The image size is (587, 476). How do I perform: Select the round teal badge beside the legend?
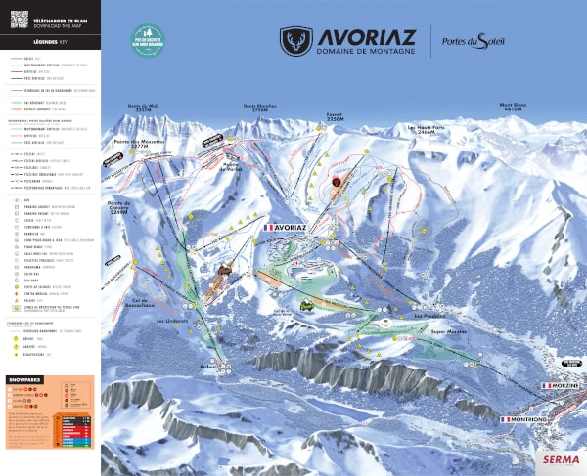pyautogui.click(x=148, y=40)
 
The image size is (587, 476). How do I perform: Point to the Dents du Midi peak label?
pyautogui.click(x=142, y=107)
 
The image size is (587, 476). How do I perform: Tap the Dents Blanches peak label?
pyautogui.click(x=259, y=107)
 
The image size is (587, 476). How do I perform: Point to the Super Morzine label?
pyautogui.click(x=445, y=332)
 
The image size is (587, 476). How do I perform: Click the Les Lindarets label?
pyautogui.click(x=172, y=320)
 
